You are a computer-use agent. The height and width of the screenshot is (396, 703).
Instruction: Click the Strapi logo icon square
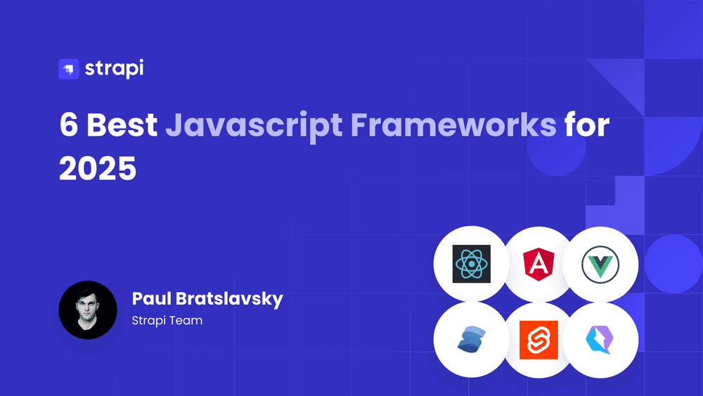click(x=69, y=69)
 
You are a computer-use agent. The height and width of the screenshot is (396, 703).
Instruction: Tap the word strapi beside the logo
click(x=115, y=69)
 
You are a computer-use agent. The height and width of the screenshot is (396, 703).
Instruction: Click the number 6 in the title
click(x=69, y=124)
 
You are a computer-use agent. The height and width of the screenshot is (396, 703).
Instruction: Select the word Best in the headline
click(x=122, y=124)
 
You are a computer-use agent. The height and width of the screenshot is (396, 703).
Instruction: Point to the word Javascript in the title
click(x=254, y=127)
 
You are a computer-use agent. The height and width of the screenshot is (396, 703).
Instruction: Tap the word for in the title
click(x=587, y=124)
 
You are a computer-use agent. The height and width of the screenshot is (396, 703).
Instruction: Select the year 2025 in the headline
click(x=98, y=169)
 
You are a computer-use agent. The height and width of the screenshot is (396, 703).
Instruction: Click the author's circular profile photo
click(x=88, y=310)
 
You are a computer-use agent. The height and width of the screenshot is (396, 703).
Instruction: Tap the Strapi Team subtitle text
click(x=167, y=320)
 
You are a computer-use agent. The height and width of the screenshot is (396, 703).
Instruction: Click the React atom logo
click(x=471, y=264)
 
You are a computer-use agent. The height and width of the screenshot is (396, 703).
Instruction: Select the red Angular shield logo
click(x=538, y=264)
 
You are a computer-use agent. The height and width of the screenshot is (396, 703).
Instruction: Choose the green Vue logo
click(x=600, y=264)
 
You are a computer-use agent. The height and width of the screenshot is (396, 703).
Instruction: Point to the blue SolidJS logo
click(x=472, y=339)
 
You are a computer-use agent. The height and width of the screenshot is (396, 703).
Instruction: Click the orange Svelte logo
click(x=538, y=340)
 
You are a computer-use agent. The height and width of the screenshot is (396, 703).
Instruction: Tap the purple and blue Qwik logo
click(x=600, y=340)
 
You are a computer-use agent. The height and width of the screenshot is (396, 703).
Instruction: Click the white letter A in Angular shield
click(x=538, y=264)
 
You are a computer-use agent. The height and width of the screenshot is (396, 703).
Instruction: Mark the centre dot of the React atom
click(x=471, y=264)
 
